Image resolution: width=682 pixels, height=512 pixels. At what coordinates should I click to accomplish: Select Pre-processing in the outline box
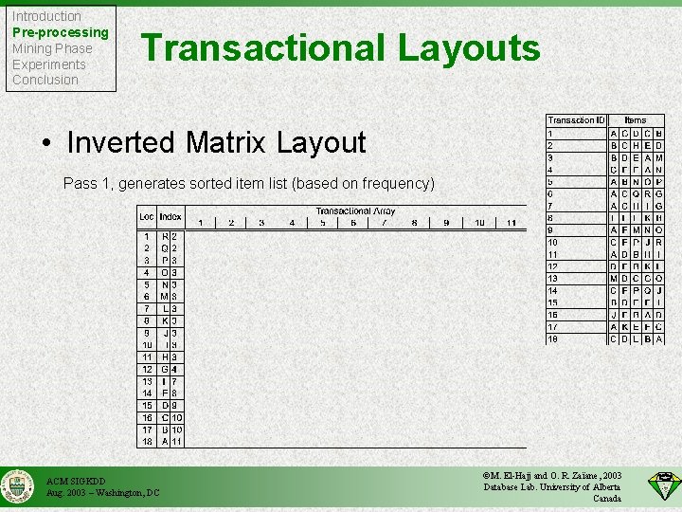[60, 32]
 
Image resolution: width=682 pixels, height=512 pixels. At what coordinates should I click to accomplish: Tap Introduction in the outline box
[46, 16]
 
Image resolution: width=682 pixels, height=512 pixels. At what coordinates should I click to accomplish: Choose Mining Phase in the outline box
[52, 48]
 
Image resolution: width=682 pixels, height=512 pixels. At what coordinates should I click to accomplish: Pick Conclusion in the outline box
[45, 80]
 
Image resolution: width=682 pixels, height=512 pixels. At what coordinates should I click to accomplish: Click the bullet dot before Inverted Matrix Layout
[47, 143]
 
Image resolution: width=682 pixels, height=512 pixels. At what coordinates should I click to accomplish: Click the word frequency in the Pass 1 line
[392, 183]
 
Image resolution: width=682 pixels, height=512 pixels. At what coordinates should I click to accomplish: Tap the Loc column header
[147, 217]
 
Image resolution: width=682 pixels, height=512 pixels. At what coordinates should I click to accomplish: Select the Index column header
[170, 217]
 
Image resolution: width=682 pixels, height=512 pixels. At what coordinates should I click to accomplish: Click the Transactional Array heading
[355, 211]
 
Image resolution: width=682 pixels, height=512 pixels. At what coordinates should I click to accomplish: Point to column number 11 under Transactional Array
[511, 223]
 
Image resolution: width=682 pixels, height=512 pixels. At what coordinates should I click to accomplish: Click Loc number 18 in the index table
[147, 441]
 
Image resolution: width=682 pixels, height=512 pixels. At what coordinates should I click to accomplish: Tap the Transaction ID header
[576, 120]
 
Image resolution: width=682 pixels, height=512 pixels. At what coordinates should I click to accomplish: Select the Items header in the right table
[636, 120]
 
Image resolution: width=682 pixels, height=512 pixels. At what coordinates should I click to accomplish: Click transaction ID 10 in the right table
[553, 242]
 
